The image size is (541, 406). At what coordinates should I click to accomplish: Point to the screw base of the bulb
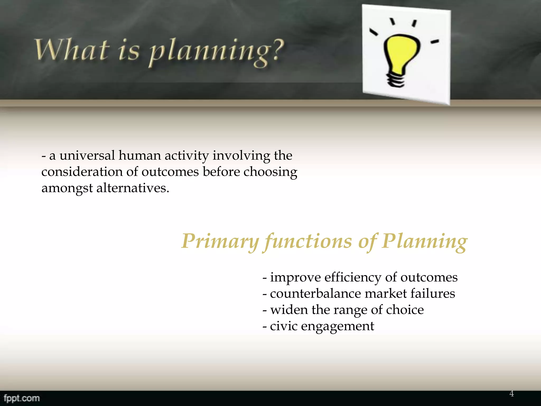pos(395,80)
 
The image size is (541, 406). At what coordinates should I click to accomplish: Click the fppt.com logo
pos(22,398)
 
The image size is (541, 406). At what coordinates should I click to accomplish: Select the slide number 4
pos(511,394)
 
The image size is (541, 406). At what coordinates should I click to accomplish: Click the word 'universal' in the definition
pos(87,155)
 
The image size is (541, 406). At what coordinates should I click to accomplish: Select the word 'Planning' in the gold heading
pos(424,241)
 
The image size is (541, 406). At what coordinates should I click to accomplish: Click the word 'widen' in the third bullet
pos(289,310)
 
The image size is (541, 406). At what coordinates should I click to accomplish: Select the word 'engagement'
pos(337,326)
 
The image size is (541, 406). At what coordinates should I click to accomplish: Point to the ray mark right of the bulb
pos(435,41)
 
